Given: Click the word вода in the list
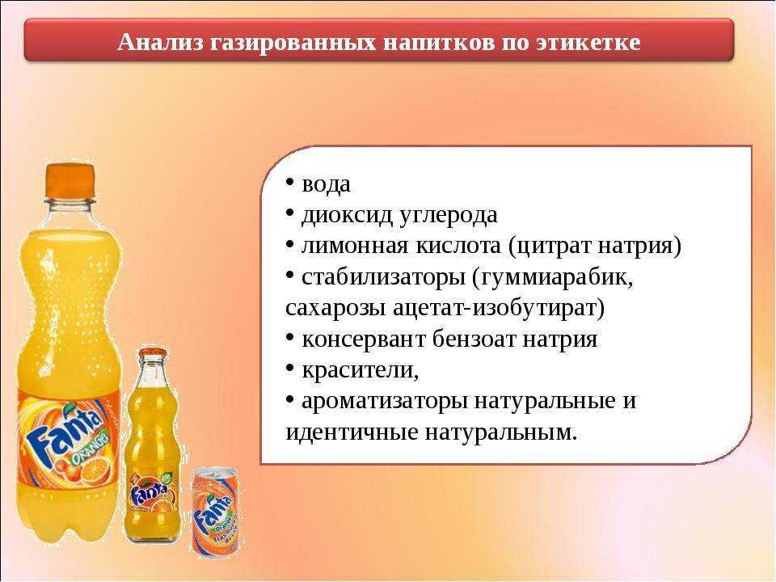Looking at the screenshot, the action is (326, 184).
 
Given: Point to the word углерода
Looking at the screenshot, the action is (448, 216).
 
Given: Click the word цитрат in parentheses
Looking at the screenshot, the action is (550, 247).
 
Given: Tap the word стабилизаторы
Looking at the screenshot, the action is (383, 277).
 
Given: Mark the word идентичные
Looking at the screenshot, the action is (352, 432).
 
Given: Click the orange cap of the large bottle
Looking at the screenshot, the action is (70, 179).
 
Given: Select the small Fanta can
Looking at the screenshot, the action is (216, 512).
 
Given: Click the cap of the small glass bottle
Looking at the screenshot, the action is (153, 353).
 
